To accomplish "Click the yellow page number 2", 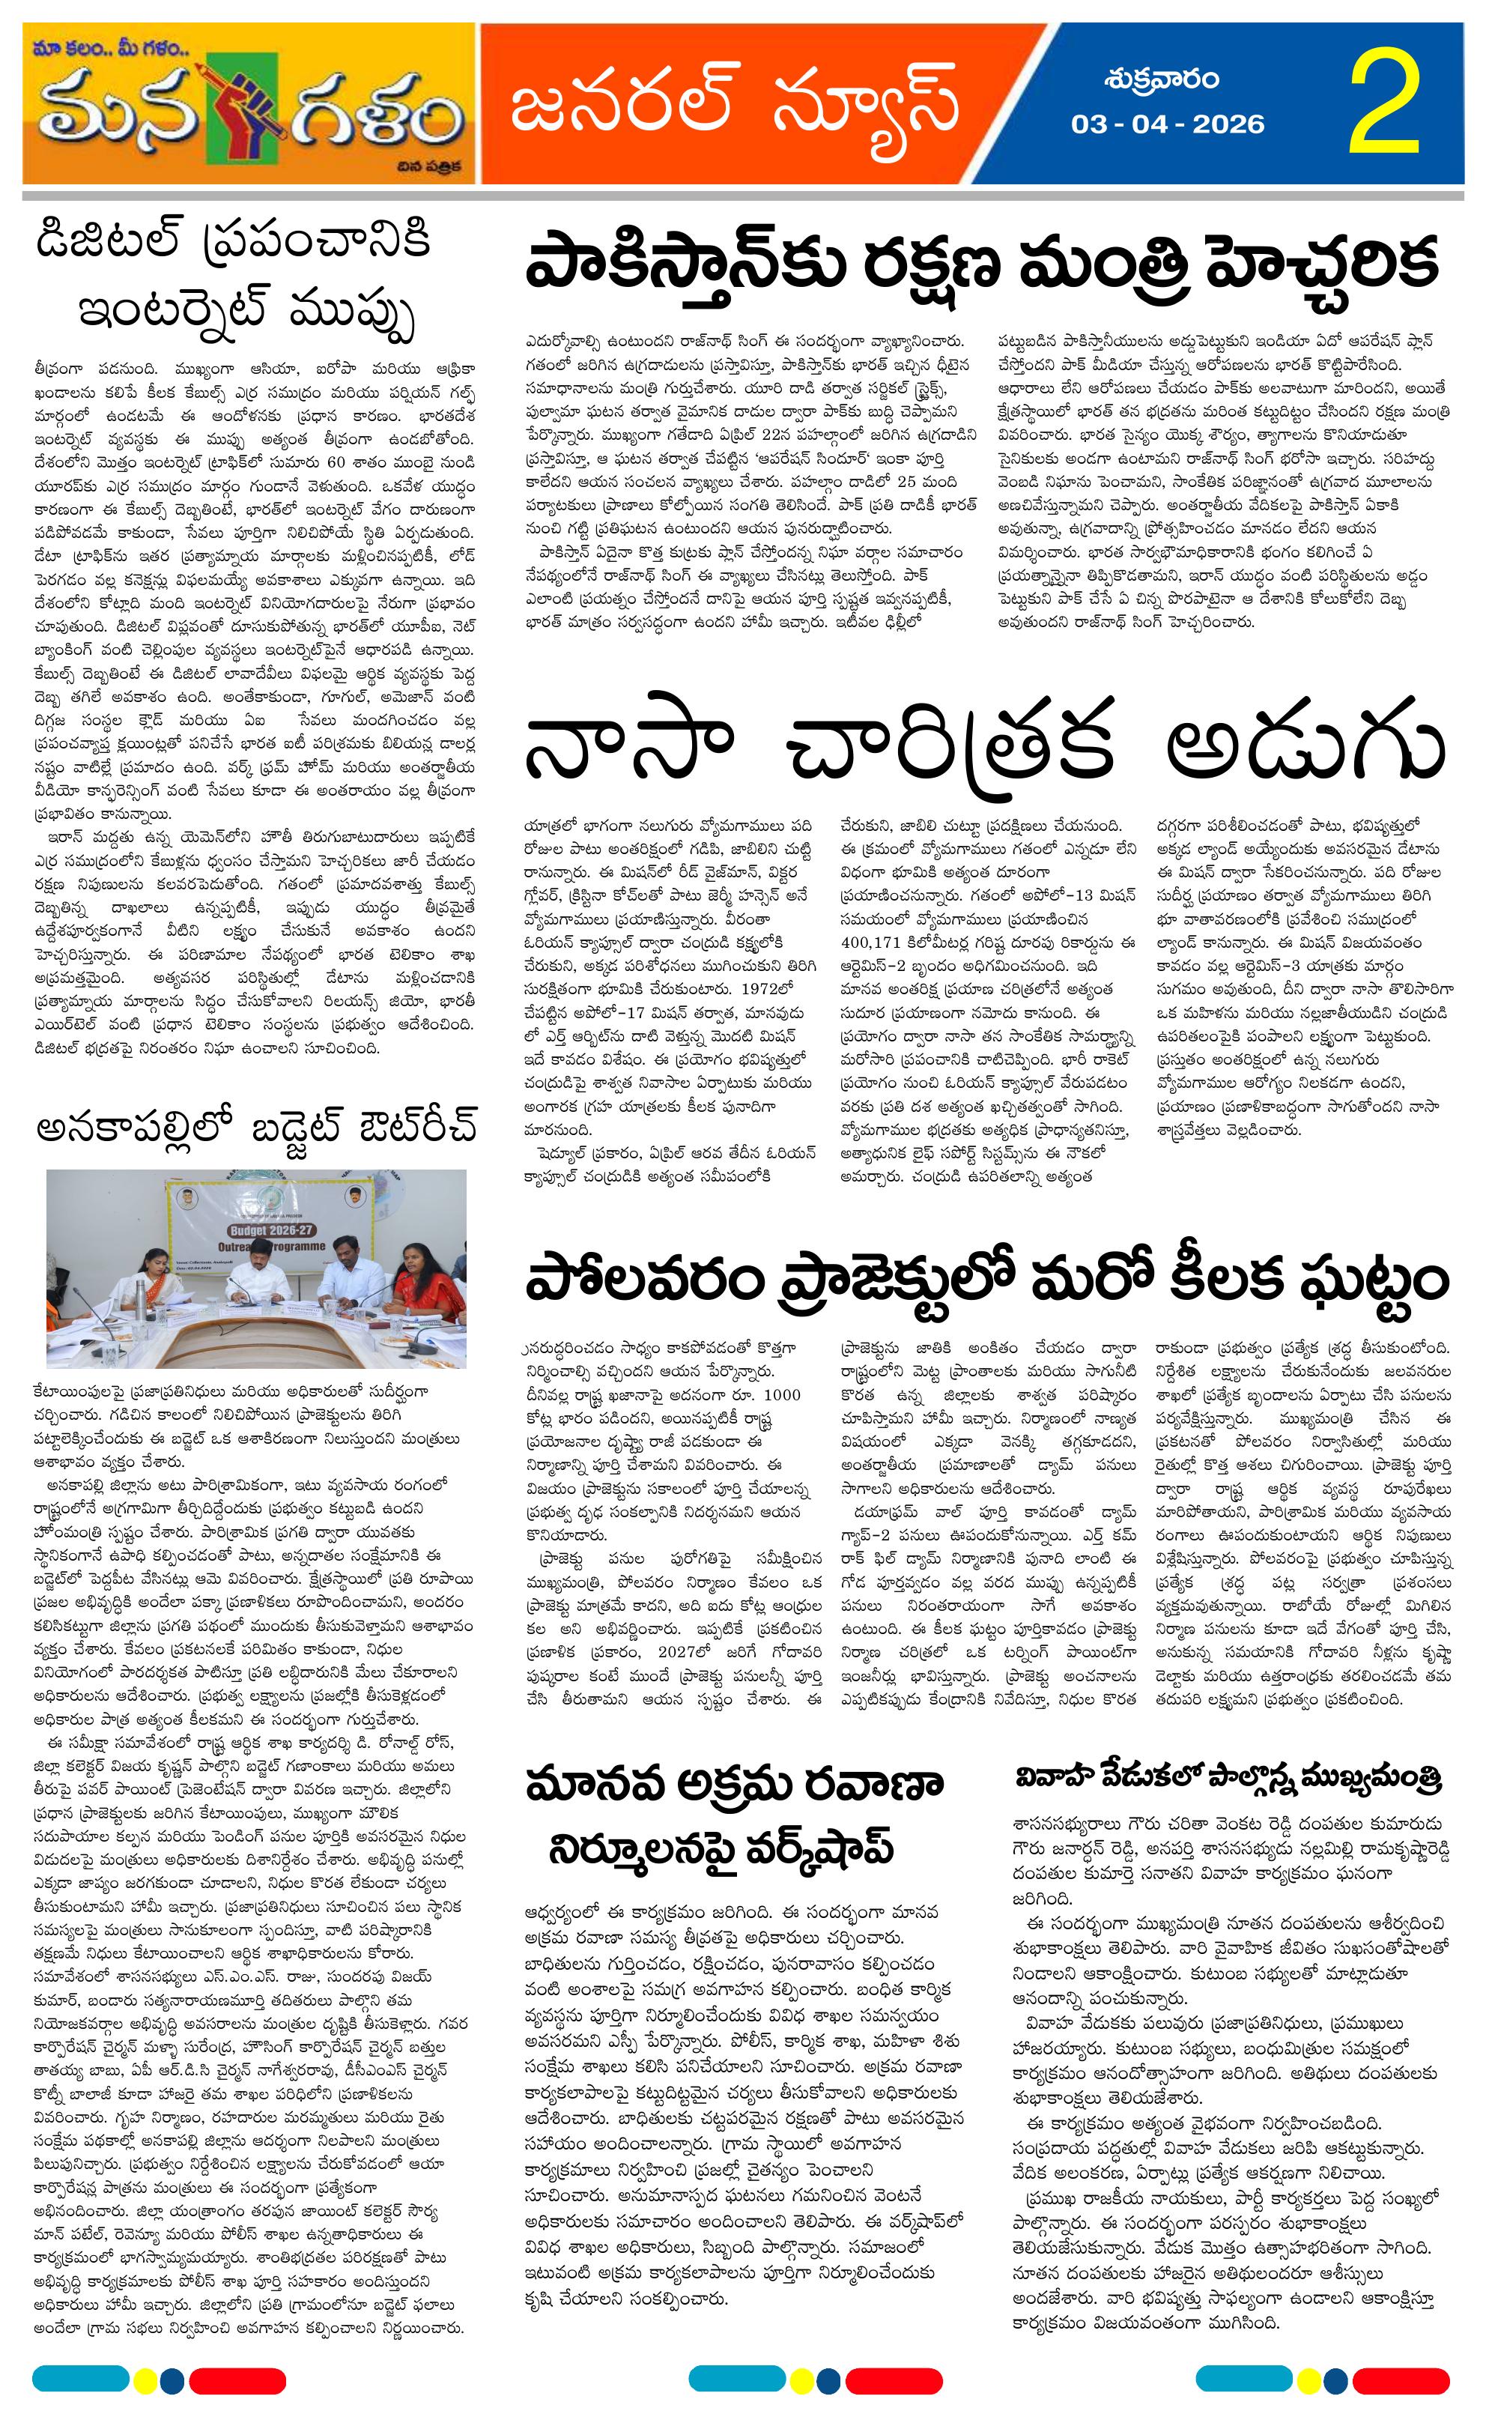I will pyautogui.click(x=1386, y=106).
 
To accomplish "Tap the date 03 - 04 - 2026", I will pyautogui.click(x=1168, y=124).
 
